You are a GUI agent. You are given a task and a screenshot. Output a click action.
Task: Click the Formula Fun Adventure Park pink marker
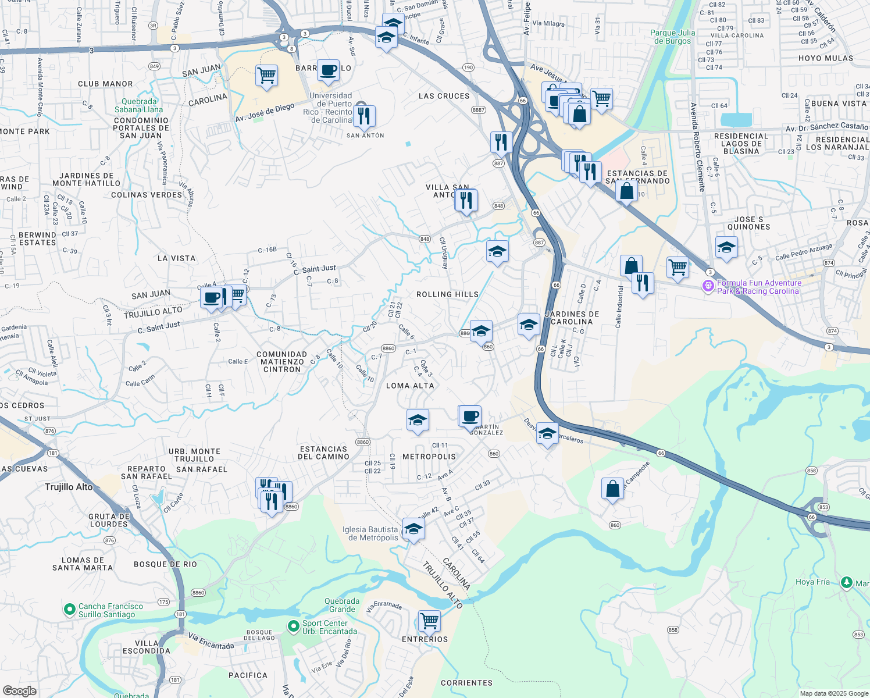[708, 286]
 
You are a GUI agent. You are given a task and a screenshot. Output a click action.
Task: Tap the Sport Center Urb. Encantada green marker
[294, 626]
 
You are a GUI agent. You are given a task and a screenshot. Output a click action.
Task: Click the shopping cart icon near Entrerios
[429, 621]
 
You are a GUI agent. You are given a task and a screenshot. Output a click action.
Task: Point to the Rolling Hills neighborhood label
[447, 295]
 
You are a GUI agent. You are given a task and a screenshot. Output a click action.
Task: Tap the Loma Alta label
[410, 386]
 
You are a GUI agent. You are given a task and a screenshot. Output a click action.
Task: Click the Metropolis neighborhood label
[429, 457]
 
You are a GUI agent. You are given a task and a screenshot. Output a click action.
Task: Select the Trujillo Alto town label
[69, 487]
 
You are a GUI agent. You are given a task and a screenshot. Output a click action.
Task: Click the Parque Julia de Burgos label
[672, 37]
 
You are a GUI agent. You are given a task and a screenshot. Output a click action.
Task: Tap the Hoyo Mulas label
[826, 58]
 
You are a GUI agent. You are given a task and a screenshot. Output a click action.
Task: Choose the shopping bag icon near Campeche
[612, 489]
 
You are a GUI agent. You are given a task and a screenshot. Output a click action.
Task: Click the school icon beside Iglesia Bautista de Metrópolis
[413, 529]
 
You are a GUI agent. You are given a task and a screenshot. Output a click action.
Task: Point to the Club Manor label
[105, 84]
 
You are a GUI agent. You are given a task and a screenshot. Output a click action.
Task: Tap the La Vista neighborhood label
[176, 258]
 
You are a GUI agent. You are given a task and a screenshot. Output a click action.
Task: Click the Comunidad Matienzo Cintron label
[282, 362]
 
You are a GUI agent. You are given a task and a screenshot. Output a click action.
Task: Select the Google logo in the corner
[19, 690]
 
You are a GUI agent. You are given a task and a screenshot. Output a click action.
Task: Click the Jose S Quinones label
[748, 223]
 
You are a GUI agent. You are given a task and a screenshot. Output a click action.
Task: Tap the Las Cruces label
[444, 96]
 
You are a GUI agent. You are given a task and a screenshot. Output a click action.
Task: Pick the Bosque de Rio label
[165, 564]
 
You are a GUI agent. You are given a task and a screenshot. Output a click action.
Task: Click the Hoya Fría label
[812, 582]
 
